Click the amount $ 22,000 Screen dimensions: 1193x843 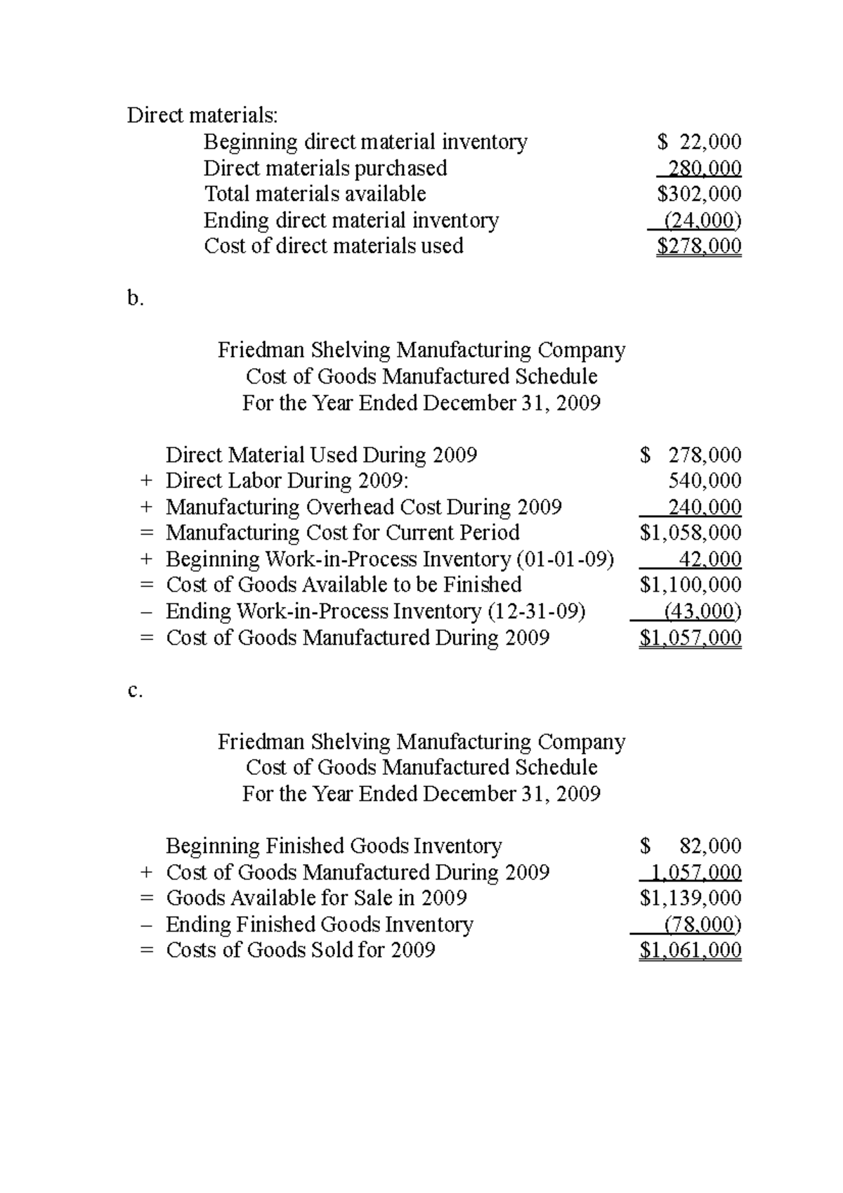(700, 143)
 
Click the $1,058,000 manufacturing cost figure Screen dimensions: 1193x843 (691, 533)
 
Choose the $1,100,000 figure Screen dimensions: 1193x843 (691, 585)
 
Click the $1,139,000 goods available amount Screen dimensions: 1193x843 (691, 898)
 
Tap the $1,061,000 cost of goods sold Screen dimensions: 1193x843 (691, 951)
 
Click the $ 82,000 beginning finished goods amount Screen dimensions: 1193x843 (691, 846)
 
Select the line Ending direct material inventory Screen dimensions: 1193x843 (351, 221)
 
